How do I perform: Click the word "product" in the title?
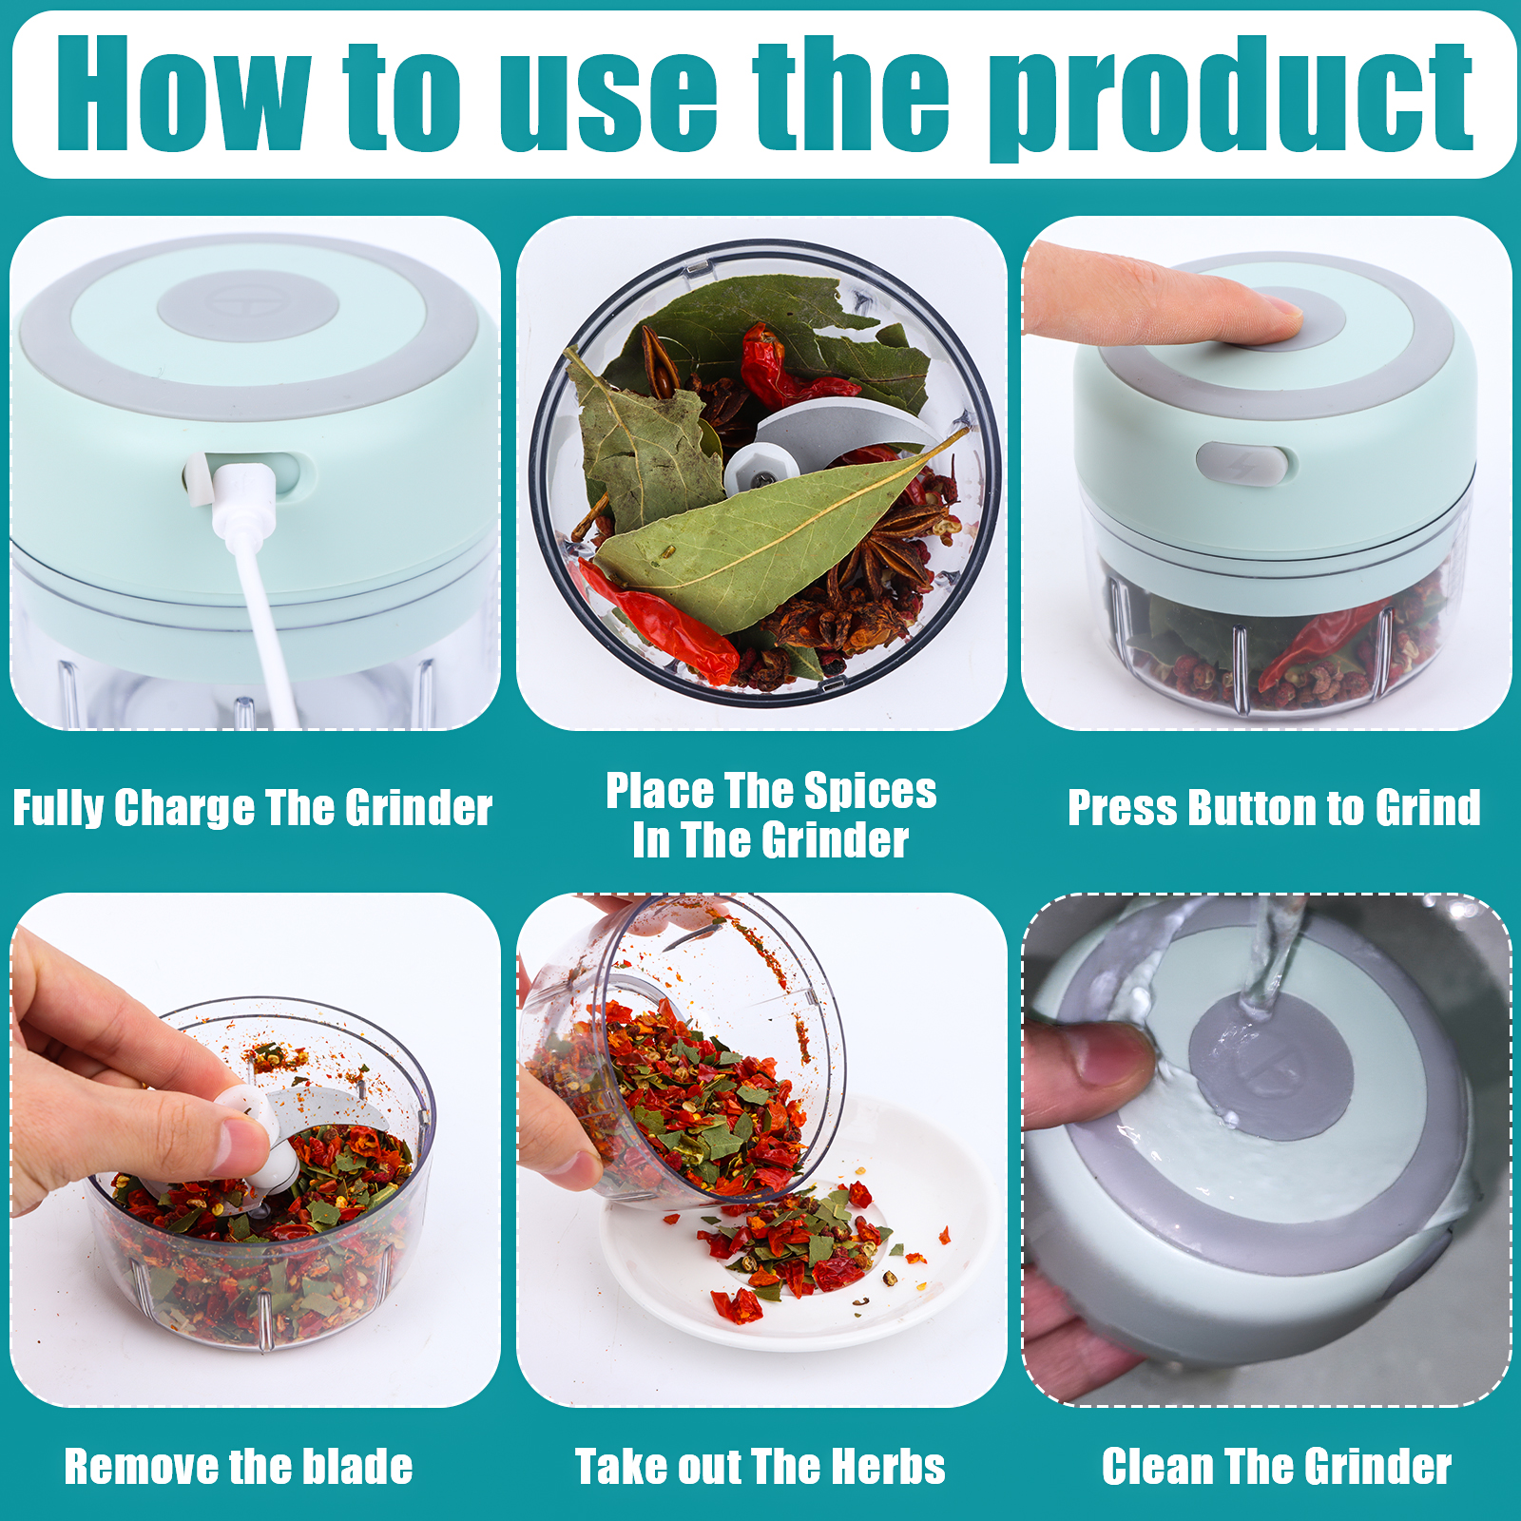tap(1231, 98)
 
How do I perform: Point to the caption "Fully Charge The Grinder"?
tap(253, 808)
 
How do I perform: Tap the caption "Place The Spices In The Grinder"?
tap(771, 816)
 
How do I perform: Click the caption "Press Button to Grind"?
tap(1274, 808)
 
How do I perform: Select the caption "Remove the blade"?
tap(239, 1466)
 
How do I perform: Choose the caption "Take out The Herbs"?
tap(760, 1466)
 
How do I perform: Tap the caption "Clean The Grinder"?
tap(1277, 1466)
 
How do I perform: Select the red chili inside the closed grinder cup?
tap(1317, 646)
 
